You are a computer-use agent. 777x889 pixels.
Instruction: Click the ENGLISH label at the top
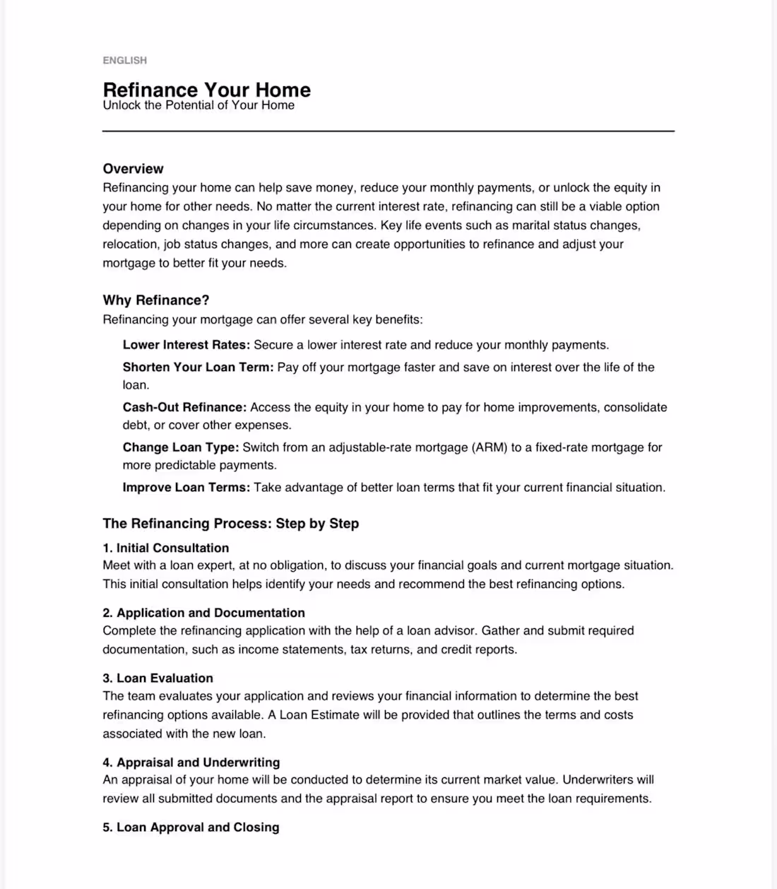coord(124,60)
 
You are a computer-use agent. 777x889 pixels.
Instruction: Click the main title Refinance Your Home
coord(206,90)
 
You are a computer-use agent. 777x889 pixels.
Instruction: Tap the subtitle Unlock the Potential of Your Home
coord(198,105)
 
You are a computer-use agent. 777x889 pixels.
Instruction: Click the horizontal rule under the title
coord(389,131)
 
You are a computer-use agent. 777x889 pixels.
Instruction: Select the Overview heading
coord(133,169)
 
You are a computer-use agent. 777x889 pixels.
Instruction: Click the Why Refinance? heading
coord(156,300)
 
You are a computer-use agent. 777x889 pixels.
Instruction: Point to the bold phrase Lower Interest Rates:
coord(186,345)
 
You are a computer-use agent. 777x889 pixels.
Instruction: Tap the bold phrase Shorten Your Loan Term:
coord(198,367)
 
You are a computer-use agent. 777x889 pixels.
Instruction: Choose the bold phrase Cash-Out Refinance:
coord(184,407)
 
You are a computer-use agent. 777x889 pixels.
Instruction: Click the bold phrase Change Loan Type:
coord(181,447)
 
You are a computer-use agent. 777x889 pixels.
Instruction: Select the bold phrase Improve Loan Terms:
coord(186,488)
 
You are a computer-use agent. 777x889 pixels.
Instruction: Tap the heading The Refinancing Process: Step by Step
coord(231,524)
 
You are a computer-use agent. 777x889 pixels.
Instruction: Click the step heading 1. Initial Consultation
coord(166,548)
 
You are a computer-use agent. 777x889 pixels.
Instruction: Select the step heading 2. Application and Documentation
coord(204,613)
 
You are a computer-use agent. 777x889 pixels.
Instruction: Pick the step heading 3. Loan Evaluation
coord(158,678)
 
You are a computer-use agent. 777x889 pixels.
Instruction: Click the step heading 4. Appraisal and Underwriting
coord(191,763)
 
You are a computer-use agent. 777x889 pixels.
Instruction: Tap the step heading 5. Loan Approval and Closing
coord(191,827)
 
